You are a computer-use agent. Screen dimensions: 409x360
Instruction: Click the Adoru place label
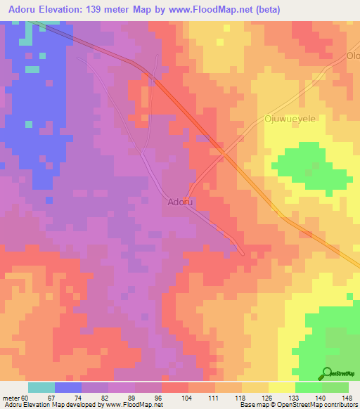pos(181,202)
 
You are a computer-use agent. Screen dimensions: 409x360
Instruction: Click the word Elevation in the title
pos(67,9)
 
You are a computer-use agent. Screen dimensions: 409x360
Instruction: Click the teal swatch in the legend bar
pos(41,387)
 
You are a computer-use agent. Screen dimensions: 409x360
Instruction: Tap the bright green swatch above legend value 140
pos(309,387)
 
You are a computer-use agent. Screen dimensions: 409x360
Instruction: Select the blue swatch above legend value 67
pos(68,387)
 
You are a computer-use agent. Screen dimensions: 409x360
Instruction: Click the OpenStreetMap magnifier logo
pos(327,372)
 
